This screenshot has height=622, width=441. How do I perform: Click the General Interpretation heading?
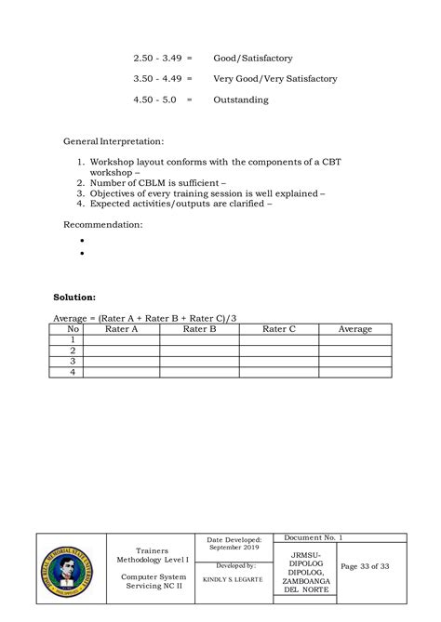[x=113, y=142]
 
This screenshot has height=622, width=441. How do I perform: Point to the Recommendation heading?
[x=102, y=224]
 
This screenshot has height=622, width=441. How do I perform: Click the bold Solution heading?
[x=73, y=298]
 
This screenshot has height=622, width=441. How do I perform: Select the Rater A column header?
[x=121, y=329]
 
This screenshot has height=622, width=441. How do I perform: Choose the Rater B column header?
[x=199, y=329]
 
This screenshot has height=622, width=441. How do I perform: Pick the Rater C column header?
[x=279, y=329]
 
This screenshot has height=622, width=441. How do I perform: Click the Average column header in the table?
[x=355, y=329]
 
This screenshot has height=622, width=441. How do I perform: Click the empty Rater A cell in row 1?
[x=121, y=340]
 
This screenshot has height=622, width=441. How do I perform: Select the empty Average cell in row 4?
[x=355, y=372]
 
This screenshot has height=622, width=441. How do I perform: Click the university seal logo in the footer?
[x=68, y=570]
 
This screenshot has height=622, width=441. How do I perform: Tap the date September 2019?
[x=228, y=548]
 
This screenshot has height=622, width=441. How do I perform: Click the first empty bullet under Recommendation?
[x=83, y=240]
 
